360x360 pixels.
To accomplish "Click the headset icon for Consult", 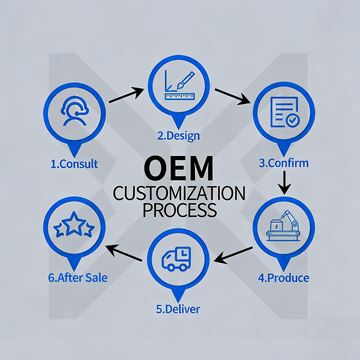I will [x=74, y=111].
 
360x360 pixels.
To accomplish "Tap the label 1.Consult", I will [x=74, y=164].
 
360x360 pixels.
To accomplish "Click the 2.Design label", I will [x=179, y=135].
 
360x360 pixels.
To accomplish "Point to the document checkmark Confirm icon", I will [x=284, y=111].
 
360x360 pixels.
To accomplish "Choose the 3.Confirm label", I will [x=284, y=163].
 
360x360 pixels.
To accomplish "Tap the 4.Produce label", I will [x=284, y=278].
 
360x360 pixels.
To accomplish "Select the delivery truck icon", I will [x=177, y=258].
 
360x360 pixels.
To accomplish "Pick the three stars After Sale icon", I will [x=74, y=226].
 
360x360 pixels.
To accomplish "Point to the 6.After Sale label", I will [x=78, y=278].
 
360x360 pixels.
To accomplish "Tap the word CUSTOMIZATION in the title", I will [x=179, y=195].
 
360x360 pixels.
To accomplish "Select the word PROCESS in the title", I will [x=180, y=210].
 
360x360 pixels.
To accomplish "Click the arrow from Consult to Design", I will [x=126, y=96].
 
